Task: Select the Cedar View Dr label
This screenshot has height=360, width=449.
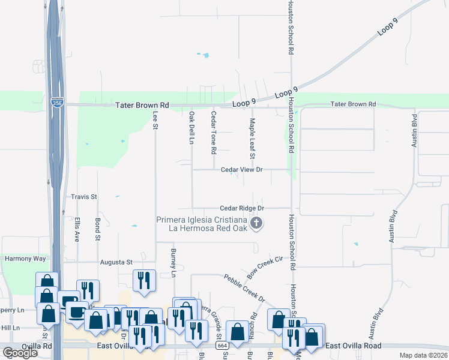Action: (242, 170)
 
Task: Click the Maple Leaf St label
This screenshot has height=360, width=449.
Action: (253, 139)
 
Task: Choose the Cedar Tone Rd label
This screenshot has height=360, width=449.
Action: (213, 132)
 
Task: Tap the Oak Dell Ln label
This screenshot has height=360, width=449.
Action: (192, 128)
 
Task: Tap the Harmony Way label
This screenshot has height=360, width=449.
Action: (25, 259)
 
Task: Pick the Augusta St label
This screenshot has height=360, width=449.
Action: (116, 262)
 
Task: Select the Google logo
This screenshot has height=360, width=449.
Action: (20, 353)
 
